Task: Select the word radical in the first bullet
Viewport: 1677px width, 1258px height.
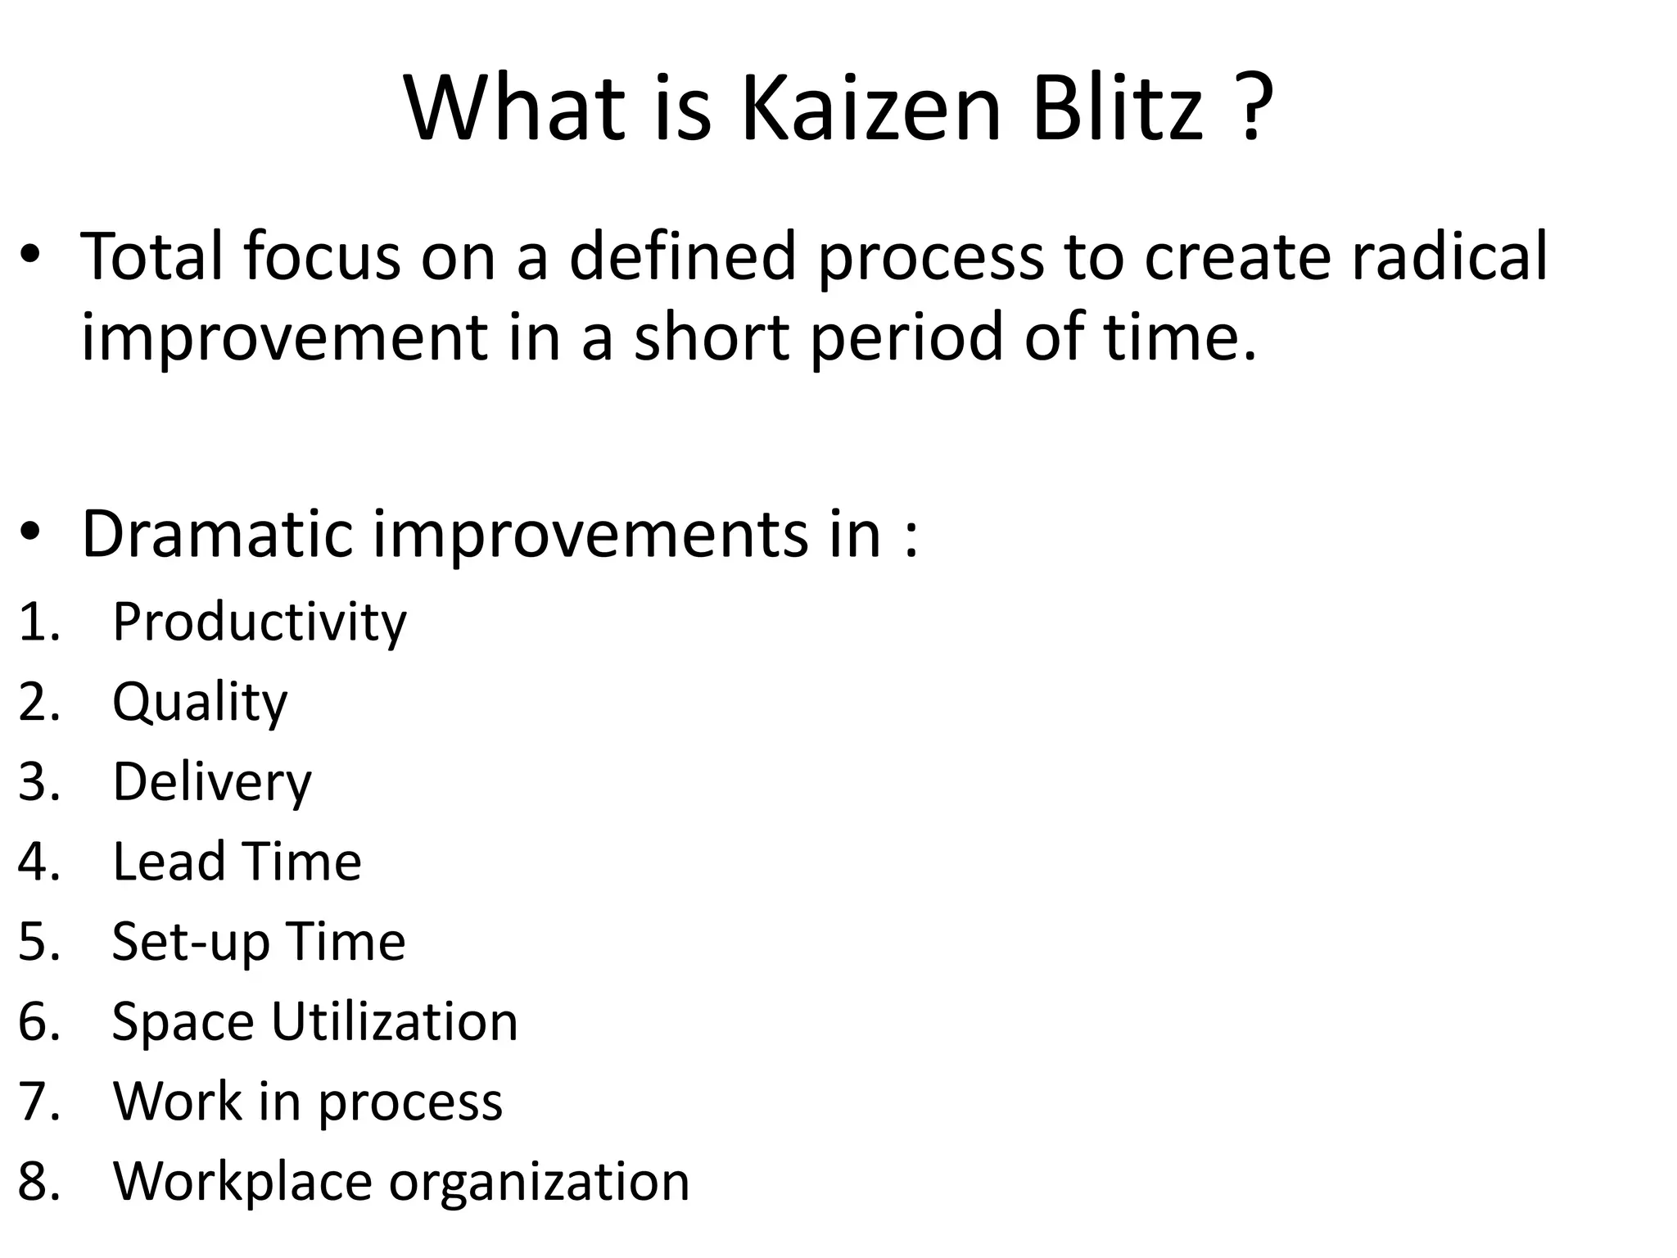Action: (1449, 256)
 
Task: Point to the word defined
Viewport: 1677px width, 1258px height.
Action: (683, 256)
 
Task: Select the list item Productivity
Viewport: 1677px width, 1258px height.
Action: (259, 622)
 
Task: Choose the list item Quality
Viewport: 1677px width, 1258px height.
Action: (200, 703)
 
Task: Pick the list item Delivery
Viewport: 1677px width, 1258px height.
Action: (212, 782)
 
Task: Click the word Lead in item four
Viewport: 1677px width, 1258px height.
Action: (168, 862)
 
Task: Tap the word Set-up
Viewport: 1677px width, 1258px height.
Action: (189, 942)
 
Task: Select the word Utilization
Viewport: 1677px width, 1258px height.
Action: (395, 1021)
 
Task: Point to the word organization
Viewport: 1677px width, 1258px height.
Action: (539, 1182)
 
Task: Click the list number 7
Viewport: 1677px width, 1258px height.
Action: (37, 1102)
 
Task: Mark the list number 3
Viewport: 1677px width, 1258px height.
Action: (37, 782)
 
